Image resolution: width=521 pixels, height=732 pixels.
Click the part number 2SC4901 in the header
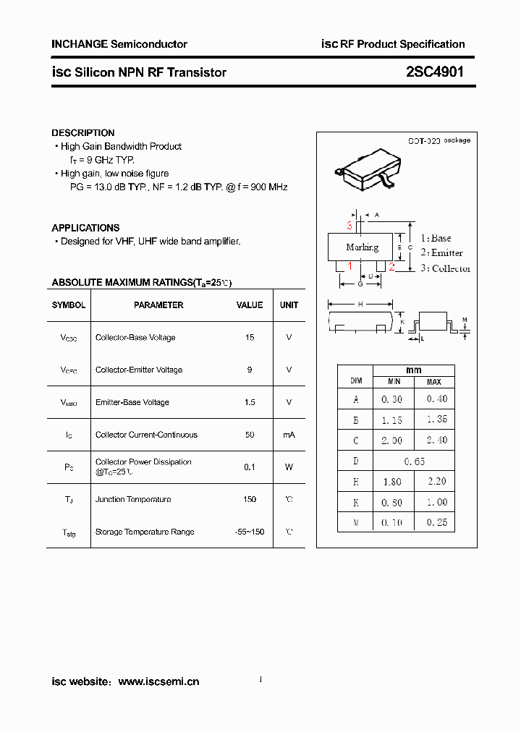coord(435,72)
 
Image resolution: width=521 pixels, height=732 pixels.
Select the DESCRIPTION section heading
coord(83,133)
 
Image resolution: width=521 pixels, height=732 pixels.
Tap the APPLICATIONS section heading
coord(85,228)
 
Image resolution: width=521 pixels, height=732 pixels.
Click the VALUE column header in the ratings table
coord(250,305)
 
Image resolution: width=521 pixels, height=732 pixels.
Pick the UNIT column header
coord(289,305)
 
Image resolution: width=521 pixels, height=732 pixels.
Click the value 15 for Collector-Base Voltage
coord(250,338)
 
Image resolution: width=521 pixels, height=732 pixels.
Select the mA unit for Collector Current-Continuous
coord(289,435)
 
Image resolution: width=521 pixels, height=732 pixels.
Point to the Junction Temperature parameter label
coord(133,500)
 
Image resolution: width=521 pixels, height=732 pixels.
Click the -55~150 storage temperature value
coord(250,532)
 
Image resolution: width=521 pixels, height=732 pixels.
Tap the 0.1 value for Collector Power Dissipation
coord(250,467)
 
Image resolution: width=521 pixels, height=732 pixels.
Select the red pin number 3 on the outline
coord(349,226)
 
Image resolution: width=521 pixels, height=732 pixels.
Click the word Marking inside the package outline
coord(362,247)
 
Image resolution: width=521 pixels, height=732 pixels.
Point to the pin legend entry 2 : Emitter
coord(441,252)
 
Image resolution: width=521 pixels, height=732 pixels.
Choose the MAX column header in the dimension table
coord(433,382)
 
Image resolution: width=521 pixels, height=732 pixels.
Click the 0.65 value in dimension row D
coord(415,461)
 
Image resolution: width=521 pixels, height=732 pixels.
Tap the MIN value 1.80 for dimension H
coord(392,482)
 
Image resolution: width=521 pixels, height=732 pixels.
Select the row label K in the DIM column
coord(355,503)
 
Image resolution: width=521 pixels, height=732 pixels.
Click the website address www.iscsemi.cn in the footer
coord(158,681)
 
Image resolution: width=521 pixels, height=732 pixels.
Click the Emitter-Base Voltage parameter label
coord(132,402)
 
